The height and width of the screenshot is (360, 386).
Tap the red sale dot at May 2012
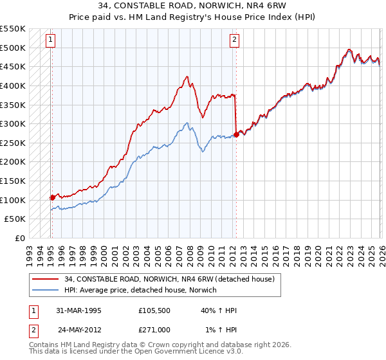pos(236,134)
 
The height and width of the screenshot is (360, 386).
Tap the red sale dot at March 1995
pos(52,197)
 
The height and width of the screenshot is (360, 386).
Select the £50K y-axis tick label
pos(15,219)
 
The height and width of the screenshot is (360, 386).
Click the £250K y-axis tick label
pos(13,143)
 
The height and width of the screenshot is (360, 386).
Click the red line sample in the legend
pos(44,279)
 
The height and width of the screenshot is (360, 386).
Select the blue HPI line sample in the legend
pos(44,290)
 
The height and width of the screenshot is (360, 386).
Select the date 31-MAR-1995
pos(78,310)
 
